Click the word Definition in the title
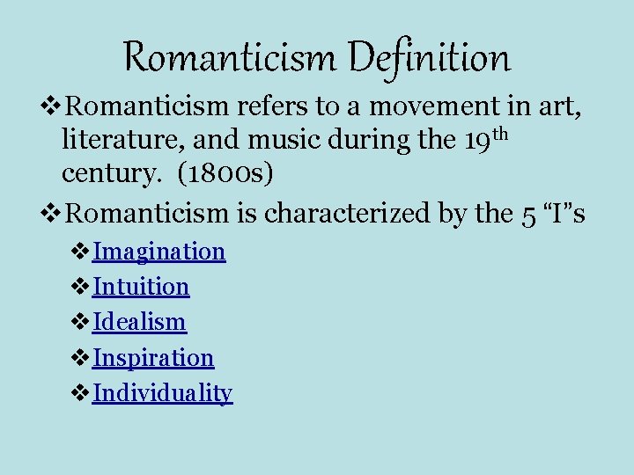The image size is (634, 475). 429,58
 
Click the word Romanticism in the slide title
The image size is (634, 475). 232,58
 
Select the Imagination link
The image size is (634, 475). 159,252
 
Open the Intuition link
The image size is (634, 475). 141,287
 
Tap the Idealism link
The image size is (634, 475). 139,322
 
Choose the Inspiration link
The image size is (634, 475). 153,358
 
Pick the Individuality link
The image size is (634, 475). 162,393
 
